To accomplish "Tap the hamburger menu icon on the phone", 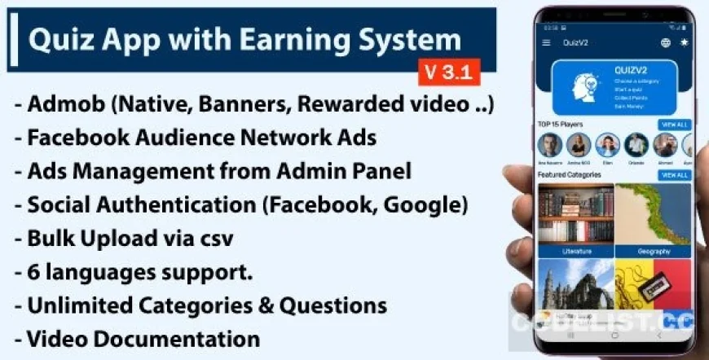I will point(546,42).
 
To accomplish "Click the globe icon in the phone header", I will point(666,42).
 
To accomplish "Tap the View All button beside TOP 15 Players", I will point(674,125).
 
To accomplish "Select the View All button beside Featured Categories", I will point(674,175).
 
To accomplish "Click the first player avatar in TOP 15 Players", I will point(550,145).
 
